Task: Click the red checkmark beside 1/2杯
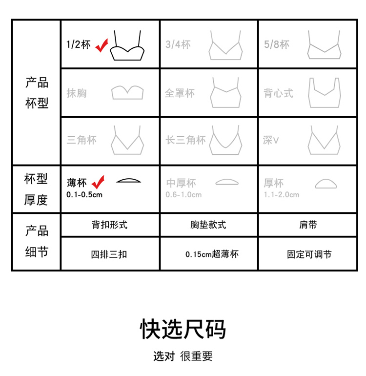pyautogui.click(x=101, y=46)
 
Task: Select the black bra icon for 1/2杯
pyautogui.click(x=127, y=51)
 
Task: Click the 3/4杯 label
pyautogui.click(x=178, y=44)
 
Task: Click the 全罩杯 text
pyautogui.click(x=180, y=93)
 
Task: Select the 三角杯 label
pyautogui.click(x=81, y=140)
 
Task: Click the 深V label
pyautogui.click(x=271, y=140)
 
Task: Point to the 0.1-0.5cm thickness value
pyautogui.click(x=84, y=195)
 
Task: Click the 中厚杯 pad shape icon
pyautogui.click(x=227, y=182)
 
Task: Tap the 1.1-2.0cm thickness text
pyautogui.click(x=282, y=195)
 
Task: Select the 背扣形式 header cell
pyautogui.click(x=110, y=225)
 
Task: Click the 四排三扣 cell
pyautogui.click(x=110, y=254)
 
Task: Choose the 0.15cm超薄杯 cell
pyautogui.click(x=209, y=254)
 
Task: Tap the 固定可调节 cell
pyautogui.click(x=308, y=254)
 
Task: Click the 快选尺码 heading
pyautogui.click(x=183, y=329)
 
